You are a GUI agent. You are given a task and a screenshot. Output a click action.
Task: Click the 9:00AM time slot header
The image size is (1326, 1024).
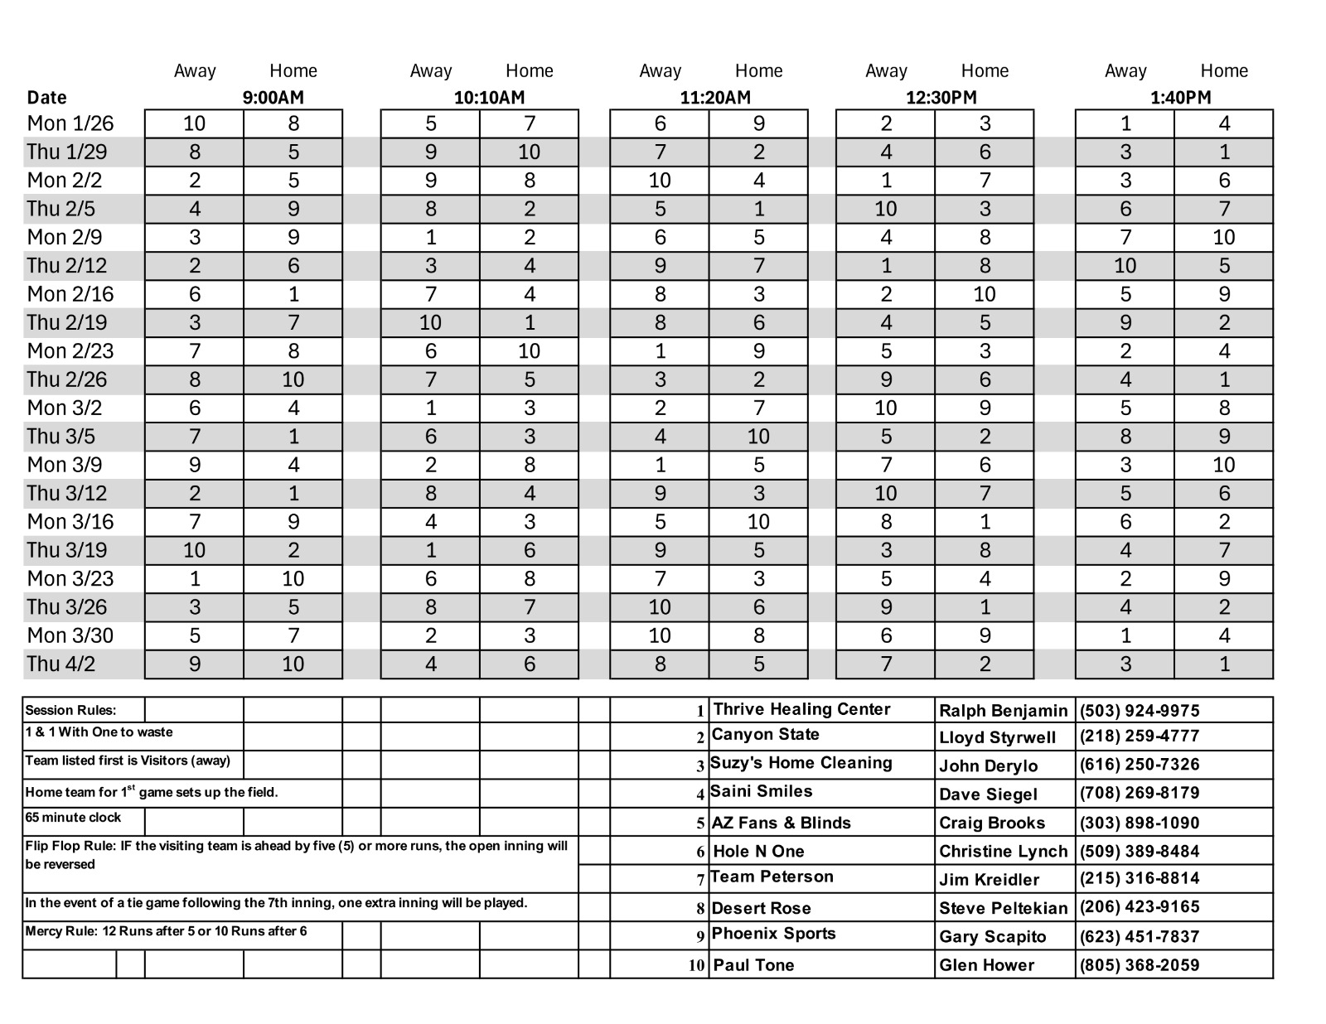(x=273, y=98)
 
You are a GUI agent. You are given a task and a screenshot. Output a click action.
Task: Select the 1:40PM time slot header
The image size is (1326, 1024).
(x=1180, y=98)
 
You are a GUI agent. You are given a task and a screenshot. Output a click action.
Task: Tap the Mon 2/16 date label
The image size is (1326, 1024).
(x=70, y=294)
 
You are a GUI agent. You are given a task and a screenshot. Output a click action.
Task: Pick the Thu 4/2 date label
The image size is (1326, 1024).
(x=65, y=664)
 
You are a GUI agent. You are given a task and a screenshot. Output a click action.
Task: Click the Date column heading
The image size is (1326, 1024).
(x=46, y=98)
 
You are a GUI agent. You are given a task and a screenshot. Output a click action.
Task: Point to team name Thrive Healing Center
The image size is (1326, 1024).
(x=801, y=709)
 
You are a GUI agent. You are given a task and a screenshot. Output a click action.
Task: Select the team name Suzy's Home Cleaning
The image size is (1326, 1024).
(x=801, y=763)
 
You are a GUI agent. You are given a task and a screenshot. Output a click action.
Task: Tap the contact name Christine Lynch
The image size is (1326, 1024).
(x=1003, y=852)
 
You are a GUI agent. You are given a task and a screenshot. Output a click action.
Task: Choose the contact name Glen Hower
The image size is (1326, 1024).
(x=986, y=965)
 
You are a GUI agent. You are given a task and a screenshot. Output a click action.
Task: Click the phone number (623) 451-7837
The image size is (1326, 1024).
(x=1139, y=936)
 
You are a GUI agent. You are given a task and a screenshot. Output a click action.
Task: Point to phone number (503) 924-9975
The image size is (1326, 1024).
(x=1139, y=711)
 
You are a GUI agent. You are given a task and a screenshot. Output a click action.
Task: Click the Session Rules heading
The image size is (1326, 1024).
(x=70, y=710)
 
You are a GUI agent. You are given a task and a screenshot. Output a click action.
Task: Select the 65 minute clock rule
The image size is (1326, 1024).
(x=73, y=818)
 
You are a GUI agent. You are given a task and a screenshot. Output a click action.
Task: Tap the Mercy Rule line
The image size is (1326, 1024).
(x=166, y=931)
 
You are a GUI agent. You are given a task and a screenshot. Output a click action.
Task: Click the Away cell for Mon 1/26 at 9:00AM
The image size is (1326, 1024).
(x=194, y=123)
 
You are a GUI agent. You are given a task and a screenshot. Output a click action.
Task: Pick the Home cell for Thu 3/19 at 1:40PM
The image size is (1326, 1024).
(x=1223, y=550)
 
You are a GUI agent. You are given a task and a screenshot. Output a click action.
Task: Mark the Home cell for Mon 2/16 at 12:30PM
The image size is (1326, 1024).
(x=984, y=294)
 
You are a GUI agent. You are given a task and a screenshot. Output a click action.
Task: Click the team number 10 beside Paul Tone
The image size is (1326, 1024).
(x=696, y=966)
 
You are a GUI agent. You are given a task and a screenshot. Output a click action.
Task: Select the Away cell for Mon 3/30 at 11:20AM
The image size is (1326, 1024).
(x=659, y=635)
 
